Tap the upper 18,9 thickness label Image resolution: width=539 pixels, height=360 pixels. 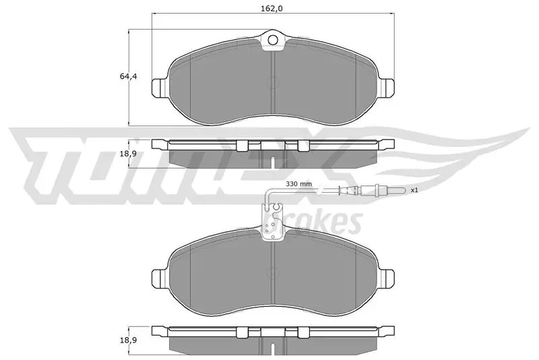point(128,154)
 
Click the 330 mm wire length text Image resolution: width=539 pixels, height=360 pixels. point(300,183)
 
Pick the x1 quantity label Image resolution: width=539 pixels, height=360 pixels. point(414,191)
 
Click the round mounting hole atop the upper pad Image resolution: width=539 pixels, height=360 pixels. point(273,40)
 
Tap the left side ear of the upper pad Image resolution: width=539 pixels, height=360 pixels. point(159,88)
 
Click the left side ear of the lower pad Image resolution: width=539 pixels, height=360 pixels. point(159,276)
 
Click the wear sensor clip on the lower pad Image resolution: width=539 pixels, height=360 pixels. point(273,222)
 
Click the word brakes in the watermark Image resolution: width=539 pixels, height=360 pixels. point(330,221)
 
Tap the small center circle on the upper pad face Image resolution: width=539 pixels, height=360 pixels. point(273,84)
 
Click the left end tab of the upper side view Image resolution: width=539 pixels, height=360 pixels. point(160,144)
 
